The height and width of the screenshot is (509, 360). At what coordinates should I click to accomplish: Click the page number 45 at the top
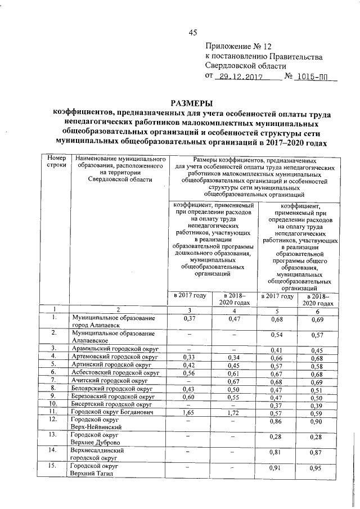pyautogui.click(x=192, y=32)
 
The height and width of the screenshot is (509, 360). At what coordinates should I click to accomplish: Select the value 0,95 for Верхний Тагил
pyautogui.click(x=318, y=468)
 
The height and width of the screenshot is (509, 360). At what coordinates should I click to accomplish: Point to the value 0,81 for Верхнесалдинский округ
pyautogui.click(x=275, y=452)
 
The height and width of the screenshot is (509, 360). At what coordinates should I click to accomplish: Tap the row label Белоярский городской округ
pyautogui.click(x=114, y=388)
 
